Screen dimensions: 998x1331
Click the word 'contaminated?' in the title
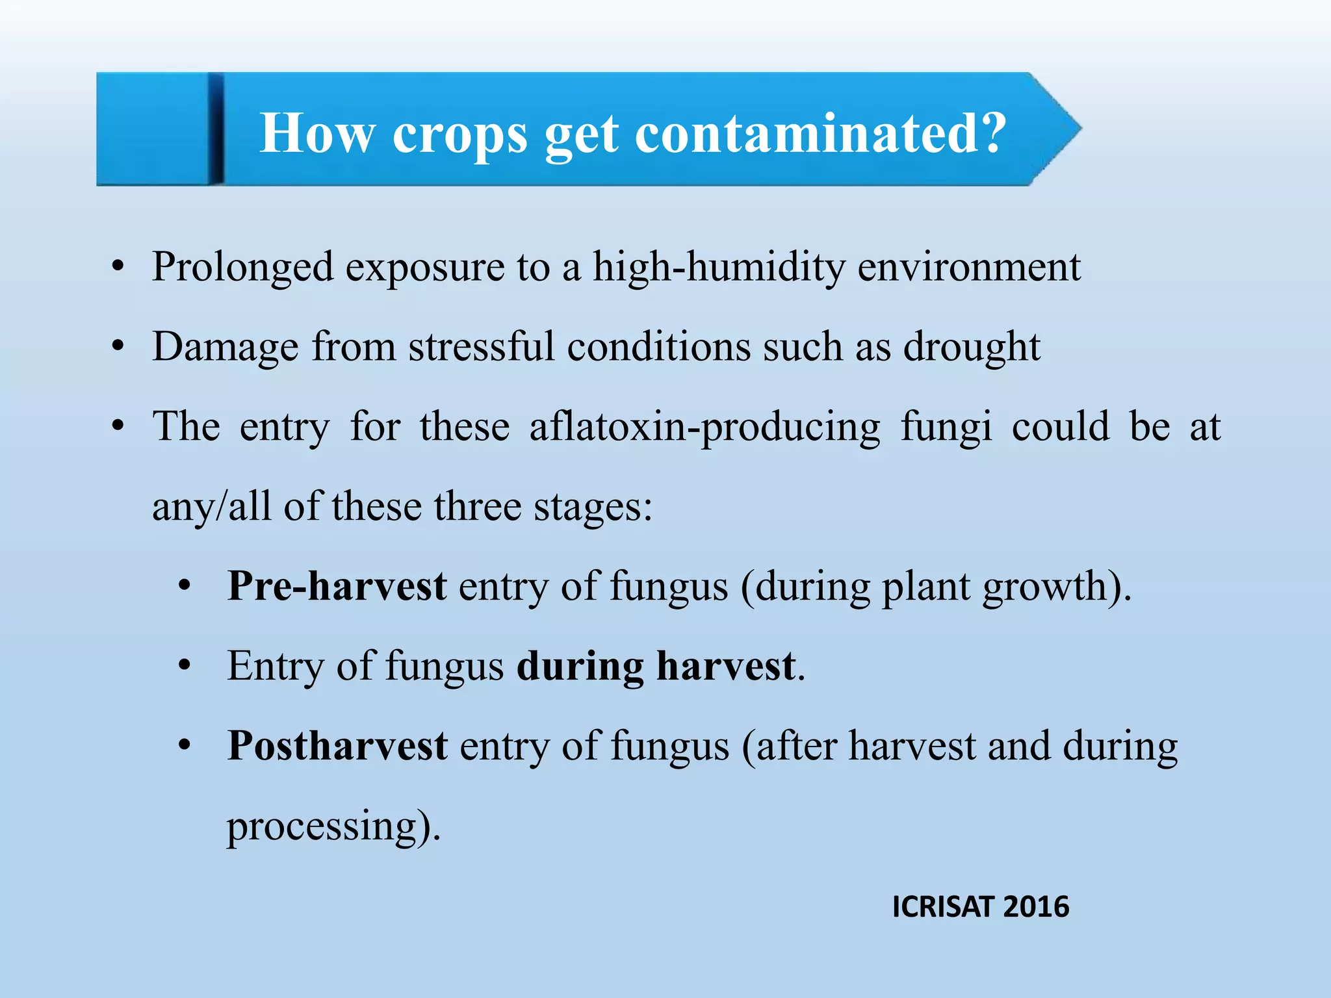pyautogui.click(x=820, y=134)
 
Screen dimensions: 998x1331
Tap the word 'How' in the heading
pyautogui.click(x=317, y=134)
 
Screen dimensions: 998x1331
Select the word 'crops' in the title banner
pyautogui.click(x=459, y=135)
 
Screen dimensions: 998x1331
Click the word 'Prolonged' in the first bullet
pyautogui.click(x=242, y=268)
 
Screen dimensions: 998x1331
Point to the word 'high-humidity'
pyautogui.click(x=719, y=266)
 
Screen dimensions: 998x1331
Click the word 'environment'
pyautogui.click(x=969, y=266)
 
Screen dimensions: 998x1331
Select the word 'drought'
pyautogui.click(x=972, y=347)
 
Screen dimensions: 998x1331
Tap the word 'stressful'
pyautogui.click(x=481, y=346)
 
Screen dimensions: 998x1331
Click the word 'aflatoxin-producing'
pyautogui.click(x=705, y=428)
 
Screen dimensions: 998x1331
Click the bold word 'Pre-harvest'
pyautogui.click(x=337, y=586)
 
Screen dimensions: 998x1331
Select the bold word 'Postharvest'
pyautogui.click(x=337, y=745)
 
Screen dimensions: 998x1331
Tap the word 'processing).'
pyautogui.click(x=333, y=826)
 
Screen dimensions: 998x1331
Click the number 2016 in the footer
pyautogui.click(x=1036, y=907)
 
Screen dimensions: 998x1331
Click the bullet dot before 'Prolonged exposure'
pyautogui.click(x=118, y=267)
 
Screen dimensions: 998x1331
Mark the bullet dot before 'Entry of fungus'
pyautogui.click(x=185, y=666)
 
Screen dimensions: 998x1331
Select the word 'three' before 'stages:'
pyautogui.click(x=478, y=507)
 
